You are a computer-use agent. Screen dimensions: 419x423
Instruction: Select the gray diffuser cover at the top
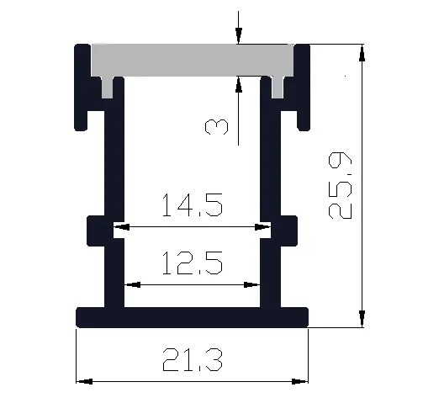click(192, 59)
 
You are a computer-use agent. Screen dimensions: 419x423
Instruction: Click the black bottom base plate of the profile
click(192, 316)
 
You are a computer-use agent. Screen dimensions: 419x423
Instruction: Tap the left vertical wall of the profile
click(109, 185)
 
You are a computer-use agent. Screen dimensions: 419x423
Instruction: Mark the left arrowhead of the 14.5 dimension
click(121, 226)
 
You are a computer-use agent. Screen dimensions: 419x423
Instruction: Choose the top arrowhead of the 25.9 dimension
click(362, 52)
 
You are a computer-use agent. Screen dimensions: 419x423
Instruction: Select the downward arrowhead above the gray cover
click(239, 35)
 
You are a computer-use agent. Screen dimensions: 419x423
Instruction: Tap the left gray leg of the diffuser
click(108, 84)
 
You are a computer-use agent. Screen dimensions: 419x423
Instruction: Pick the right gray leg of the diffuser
click(278, 84)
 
